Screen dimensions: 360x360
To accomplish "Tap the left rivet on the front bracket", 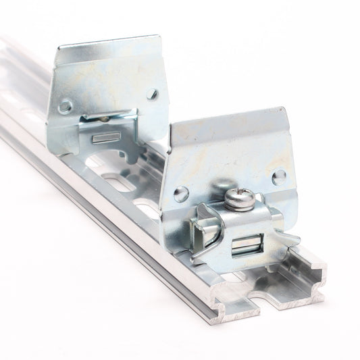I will click(x=180, y=194).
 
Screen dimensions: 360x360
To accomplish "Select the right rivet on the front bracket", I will click(x=278, y=177).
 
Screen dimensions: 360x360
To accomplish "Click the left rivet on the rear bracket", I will click(x=65, y=106).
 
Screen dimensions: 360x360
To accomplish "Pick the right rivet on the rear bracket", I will click(x=153, y=95).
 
